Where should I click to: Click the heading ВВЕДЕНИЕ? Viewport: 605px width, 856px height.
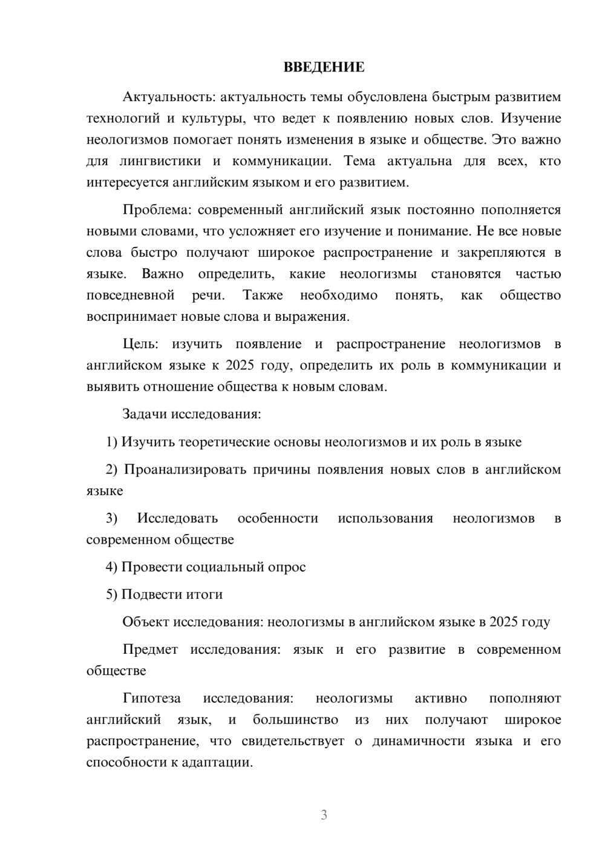click(324, 67)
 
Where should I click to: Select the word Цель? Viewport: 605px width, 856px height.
click(140, 344)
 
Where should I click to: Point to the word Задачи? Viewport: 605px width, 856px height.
click(145, 415)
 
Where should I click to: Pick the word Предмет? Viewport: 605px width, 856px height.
click(150, 650)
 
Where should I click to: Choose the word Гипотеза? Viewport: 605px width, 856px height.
click(151, 699)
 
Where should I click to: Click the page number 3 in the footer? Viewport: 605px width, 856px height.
click(324, 815)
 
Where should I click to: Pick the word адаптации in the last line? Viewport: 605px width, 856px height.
click(220, 763)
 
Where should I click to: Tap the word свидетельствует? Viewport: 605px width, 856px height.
click(293, 742)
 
